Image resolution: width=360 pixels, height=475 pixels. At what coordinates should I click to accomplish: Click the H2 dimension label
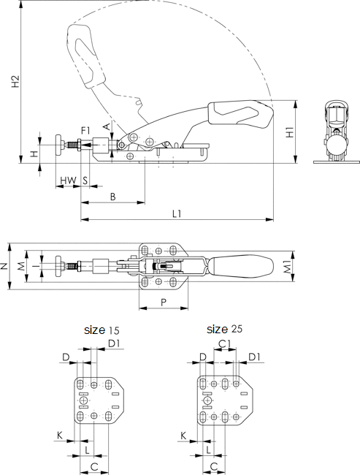16,82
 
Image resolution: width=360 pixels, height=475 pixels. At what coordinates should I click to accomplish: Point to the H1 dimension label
290,132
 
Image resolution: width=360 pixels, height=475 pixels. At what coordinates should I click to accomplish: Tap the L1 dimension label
177,214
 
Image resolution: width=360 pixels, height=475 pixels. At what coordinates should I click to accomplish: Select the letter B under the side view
112,197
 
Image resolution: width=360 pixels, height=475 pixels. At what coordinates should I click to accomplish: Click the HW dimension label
68,180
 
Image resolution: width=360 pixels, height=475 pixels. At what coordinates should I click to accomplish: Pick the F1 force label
85,131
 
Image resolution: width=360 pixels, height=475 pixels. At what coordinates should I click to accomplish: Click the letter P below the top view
164,303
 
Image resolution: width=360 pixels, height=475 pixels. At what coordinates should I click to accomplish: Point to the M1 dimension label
288,267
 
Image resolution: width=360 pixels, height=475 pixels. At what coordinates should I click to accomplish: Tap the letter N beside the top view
4,266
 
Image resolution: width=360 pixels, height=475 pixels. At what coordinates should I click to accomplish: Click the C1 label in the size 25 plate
225,343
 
